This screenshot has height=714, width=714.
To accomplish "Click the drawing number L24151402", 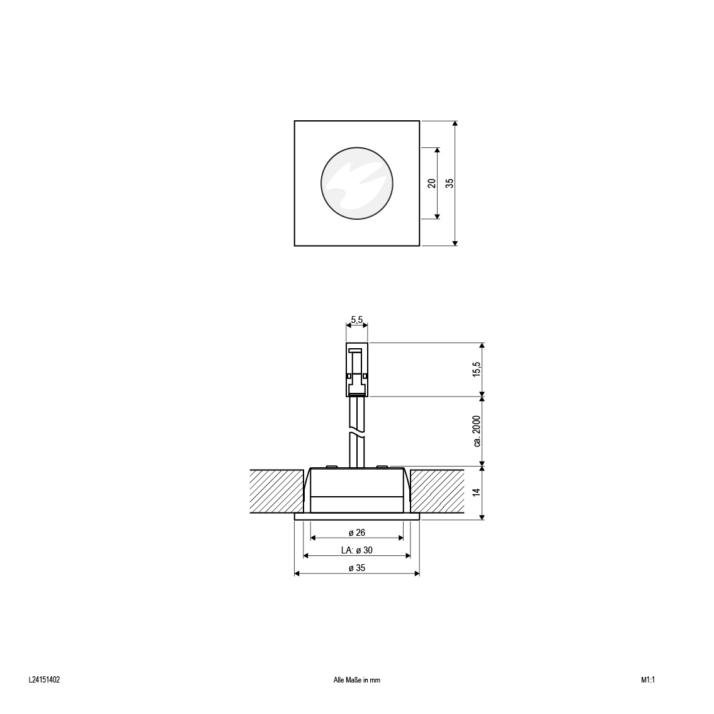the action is [44, 680].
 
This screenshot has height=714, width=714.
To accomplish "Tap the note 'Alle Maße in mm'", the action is [356, 680].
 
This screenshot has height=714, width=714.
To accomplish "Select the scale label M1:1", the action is [647, 680].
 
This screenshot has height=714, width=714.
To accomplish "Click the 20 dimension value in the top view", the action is [432, 183].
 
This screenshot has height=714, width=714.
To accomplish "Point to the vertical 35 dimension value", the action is [450, 183].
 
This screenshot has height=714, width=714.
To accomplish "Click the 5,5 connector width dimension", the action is [356, 320].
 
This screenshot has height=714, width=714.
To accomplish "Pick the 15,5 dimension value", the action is [476, 370].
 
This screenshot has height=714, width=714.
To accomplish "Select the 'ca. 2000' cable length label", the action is [477, 431].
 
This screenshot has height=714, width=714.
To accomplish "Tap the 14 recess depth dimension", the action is [476, 492].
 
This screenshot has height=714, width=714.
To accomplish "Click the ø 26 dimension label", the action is [357, 532].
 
